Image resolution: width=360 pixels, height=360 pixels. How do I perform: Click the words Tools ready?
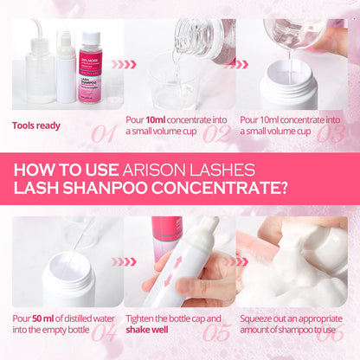click(x=36, y=125)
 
